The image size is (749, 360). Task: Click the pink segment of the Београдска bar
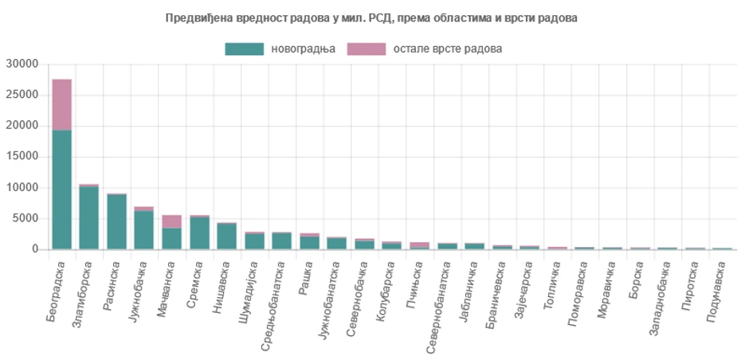61,104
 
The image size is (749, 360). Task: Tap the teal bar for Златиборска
89,217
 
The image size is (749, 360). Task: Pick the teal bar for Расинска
116,221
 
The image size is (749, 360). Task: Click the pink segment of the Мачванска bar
171,221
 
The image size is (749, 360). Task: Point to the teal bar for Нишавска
226,236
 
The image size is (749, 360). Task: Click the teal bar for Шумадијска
254,241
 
